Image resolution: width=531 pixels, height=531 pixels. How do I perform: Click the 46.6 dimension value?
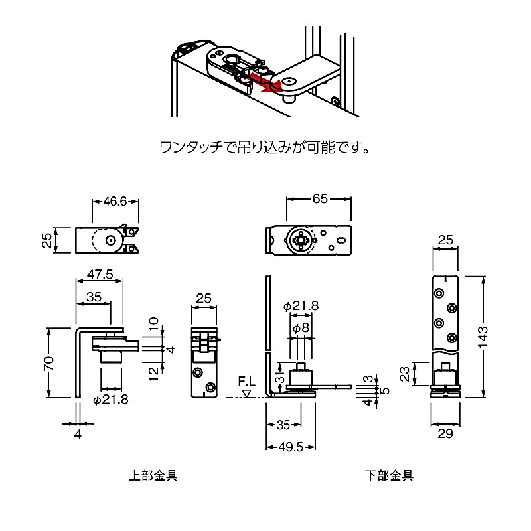(115, 202)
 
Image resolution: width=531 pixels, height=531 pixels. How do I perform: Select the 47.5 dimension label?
(100, 273)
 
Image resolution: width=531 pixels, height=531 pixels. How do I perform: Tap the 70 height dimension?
(49, 363)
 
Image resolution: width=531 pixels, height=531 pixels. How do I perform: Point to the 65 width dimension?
(320, 198)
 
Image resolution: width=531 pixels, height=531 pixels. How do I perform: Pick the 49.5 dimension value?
(291, 447)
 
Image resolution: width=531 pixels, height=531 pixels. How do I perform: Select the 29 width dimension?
(445, 433)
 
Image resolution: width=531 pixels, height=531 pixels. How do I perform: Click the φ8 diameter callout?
(301, 327)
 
